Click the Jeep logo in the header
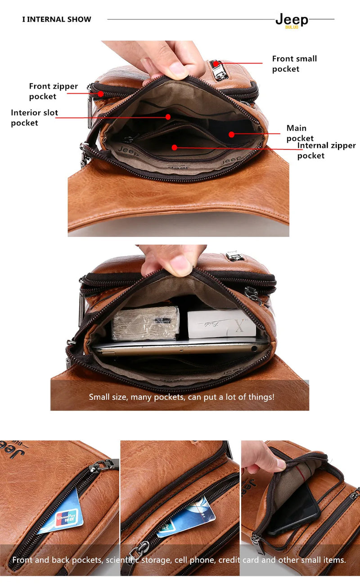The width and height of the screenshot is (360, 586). (x=292, y=20)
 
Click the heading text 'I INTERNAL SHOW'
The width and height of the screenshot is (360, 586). (x=57, y=19)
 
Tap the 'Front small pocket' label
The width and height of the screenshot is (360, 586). (x=294, y=63)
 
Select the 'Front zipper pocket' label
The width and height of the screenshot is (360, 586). (x=54, y=91)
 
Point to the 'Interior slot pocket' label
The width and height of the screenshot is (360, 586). (x=35, y=117)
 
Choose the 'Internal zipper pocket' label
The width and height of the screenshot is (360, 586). (x=326, y=150)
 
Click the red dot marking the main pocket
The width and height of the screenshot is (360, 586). (x=231, y=134)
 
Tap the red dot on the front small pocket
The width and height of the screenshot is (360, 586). (x=216, y=64)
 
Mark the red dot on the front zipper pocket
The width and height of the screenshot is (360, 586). (x=101, y=94)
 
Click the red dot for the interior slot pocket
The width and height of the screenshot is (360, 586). (x=168, y=117)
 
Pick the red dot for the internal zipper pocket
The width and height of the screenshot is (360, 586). (x=175, y=147)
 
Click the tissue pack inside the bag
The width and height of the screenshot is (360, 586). (x=145, y=323)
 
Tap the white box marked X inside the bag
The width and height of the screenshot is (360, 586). (x=222, y=323)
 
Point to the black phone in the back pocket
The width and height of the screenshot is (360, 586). (x=295, y=508)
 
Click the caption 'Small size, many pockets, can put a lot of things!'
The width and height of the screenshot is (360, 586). (x=181, y=397)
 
